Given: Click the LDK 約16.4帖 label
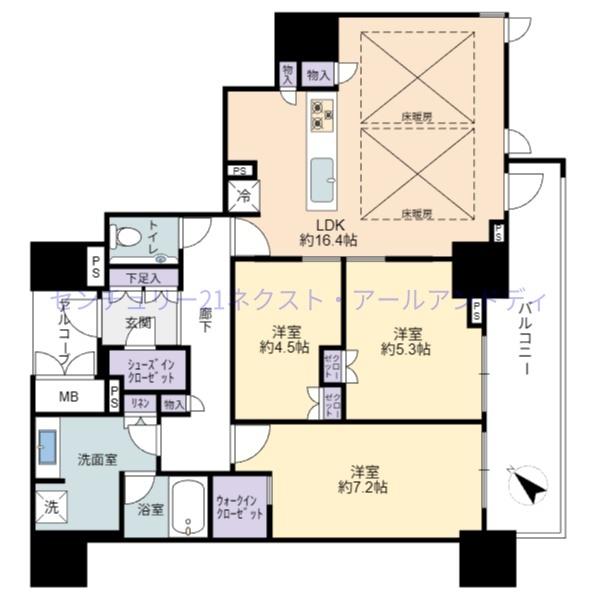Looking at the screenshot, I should point(323,232).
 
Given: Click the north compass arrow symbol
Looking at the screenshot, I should point(529,487).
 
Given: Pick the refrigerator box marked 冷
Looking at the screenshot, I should point(243,196).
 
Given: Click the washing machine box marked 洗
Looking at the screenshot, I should point(51,508).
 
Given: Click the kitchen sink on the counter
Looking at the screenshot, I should point(323,180).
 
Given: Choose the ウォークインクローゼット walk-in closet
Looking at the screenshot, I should point(240,505).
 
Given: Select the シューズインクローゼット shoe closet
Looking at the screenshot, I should point(147,371).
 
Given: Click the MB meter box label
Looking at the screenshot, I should point(67,397).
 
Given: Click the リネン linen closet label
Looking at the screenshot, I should point(141,403).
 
